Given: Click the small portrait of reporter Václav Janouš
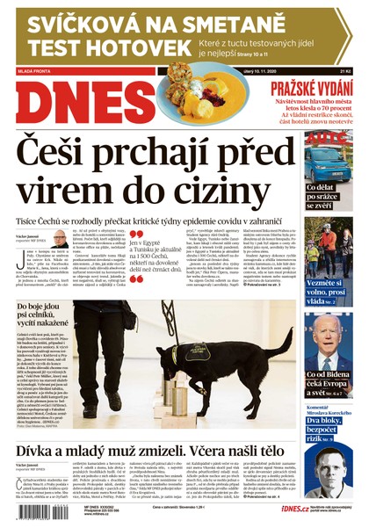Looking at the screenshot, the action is pyautogui.click(x=60, y=240).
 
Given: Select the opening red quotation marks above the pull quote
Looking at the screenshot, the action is pyautogui.click(x=136, y=235).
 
